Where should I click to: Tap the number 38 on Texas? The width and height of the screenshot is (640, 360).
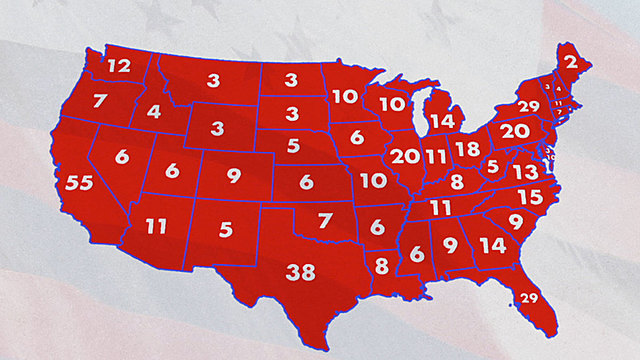[x=301, y=271]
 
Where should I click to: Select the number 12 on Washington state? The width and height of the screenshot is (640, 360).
[x=119, y=66]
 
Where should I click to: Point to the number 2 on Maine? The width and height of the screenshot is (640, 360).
[x=570, y=62]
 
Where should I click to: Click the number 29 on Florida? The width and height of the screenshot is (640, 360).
[x=529, y=297]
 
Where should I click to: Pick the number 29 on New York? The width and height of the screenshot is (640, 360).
[x=529, y=107]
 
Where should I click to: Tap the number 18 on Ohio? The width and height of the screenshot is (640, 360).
[x=467, y=149]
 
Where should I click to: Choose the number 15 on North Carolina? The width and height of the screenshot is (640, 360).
[x=530, y=197]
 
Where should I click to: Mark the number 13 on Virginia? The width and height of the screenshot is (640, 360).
[x=524, y=172]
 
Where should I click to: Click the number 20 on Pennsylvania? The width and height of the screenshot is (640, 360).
[x=515, y=131]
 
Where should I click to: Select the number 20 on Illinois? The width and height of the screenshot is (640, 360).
[x=405, y=156]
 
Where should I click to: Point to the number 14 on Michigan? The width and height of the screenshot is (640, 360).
[x=441, y=122]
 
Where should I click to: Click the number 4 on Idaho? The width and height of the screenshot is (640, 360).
[x=154, y=111]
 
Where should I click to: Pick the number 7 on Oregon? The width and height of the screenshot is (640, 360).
[x=100, y=100]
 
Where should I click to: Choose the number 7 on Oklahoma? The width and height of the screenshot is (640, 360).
[x=323, y=220]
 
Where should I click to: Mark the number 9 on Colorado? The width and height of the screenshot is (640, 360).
[x=234, y=177]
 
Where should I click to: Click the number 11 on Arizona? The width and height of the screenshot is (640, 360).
[x=156, y=226]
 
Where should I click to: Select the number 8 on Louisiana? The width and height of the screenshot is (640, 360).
[x=382, y=266]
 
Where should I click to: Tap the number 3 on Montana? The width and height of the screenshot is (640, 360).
[x=214, y=79]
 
